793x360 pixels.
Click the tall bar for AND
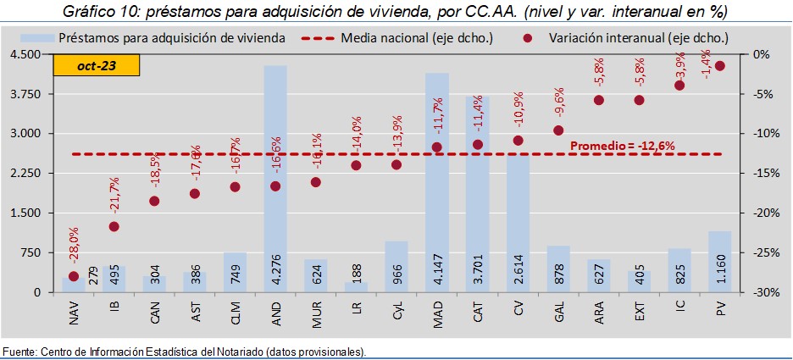(x=275, y=169)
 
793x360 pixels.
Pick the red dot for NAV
(x=74, y=276)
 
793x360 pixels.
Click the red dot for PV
(x=720, y=65)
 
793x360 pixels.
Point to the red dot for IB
(x=114, y=226)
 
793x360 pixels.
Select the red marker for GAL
(x=558, y=130)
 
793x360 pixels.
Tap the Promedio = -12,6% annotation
(x=622, y=146)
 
